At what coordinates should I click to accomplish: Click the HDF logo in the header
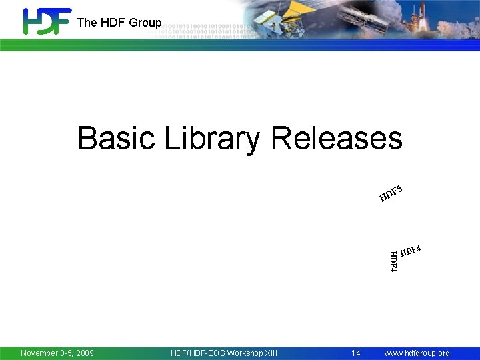[47, 21]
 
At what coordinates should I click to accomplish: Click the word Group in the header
[145, 23]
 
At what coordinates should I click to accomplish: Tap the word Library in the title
[212, 139]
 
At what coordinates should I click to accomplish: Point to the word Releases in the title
[337, 139]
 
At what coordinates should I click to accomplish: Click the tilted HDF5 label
[391, 193]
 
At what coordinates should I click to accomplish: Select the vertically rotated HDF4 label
[393, 261]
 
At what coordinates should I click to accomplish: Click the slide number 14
[356, 353]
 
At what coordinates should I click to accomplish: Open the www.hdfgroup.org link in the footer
[417, 353]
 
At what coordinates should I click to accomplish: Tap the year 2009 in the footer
[83, 353]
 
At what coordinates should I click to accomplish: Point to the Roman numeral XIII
[271, 353]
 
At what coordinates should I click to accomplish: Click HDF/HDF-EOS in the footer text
[197, 353]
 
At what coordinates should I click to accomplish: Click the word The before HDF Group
[87, 23]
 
